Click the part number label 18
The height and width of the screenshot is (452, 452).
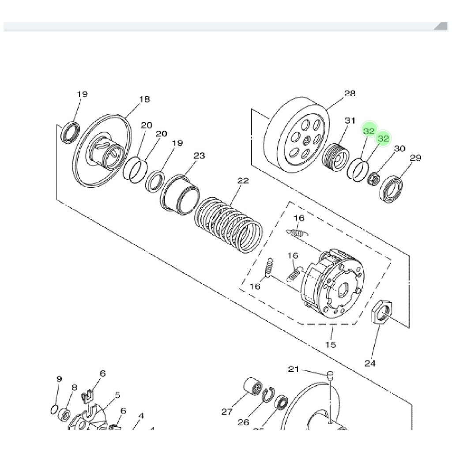144,99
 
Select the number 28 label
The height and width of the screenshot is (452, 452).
350,94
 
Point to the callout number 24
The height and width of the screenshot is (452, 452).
370,363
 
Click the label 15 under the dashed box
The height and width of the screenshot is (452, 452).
330,344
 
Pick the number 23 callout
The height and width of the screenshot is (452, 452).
200,156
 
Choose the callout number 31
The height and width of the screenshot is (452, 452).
350,121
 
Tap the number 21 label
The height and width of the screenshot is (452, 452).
294,369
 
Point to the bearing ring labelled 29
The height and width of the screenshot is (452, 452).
391,189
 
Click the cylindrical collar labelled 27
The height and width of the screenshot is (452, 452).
252,388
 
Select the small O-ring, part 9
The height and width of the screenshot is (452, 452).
53,409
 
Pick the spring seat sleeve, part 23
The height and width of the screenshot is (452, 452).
180,195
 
